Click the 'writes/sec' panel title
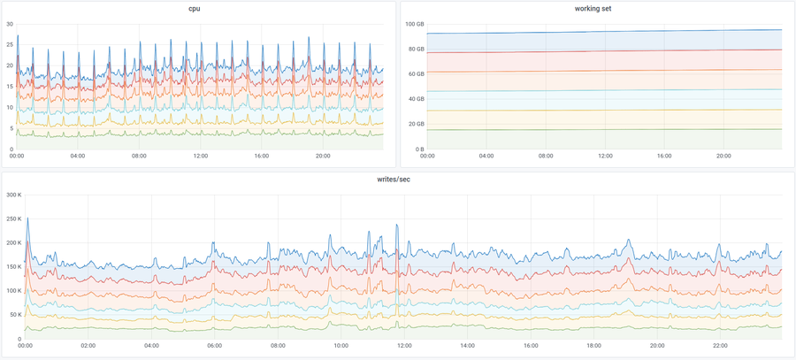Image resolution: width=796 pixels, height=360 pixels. (398, 180)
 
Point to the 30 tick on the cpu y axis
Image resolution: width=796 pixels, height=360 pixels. (9, 24)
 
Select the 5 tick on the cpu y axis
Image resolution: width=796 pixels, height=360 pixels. (11, 128)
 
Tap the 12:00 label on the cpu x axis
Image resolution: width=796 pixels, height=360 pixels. (200, 156)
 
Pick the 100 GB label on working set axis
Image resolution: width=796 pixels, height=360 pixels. (416, 24)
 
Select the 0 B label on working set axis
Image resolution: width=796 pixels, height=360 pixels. (420, 149)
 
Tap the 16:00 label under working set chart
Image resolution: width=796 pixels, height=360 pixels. (665, 156)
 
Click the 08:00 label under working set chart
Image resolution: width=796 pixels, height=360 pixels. (546, 156)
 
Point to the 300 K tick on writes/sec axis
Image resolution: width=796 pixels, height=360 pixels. (12, 195)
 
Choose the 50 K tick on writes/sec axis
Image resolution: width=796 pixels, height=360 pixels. (14, 314)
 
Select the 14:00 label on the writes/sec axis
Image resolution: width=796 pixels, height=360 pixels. (468, 346)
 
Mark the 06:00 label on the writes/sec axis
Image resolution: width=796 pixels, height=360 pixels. (215, 346)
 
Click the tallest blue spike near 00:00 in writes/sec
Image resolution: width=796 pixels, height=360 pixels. (27, 218)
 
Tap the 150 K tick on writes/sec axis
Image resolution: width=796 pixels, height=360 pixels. (12, 266)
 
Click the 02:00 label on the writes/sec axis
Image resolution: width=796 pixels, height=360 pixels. (88, 346)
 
